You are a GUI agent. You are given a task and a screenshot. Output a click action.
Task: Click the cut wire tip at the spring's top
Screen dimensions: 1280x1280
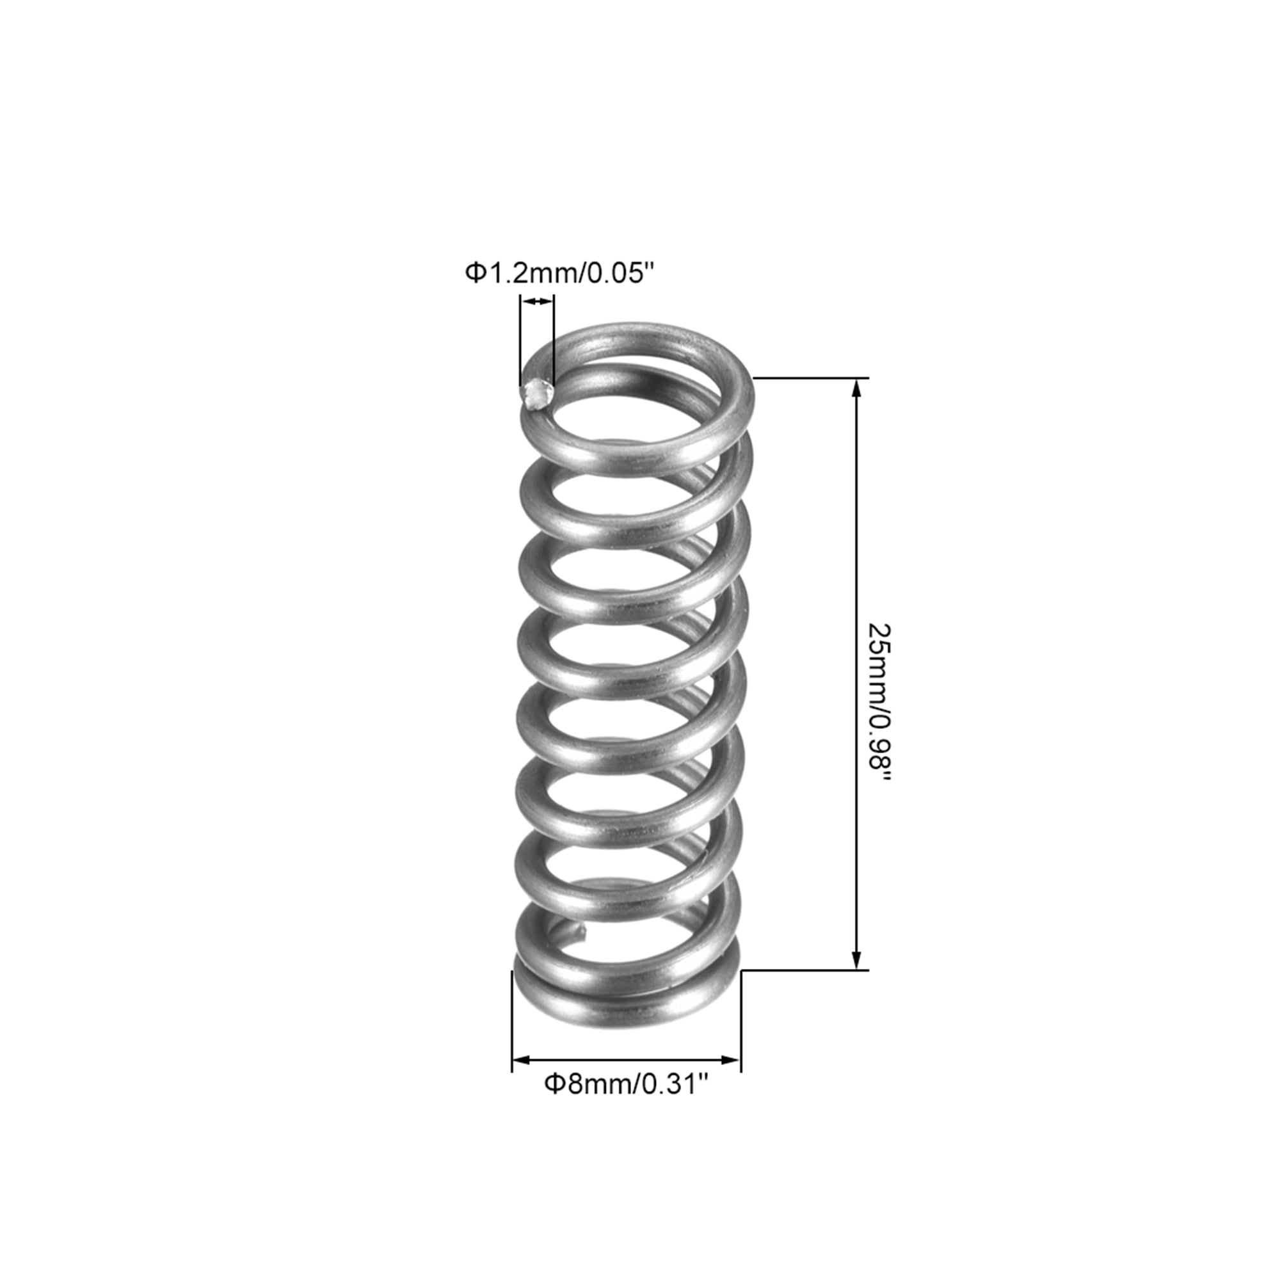tap(538, 396)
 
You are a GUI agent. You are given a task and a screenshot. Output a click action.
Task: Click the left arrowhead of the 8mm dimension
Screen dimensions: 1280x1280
tap(522, 1060)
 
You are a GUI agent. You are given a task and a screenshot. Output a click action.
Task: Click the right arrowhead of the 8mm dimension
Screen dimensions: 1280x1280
tap(730, 1060)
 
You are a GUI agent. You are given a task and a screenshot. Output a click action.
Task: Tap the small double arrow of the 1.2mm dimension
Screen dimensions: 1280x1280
tap(538, 302)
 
